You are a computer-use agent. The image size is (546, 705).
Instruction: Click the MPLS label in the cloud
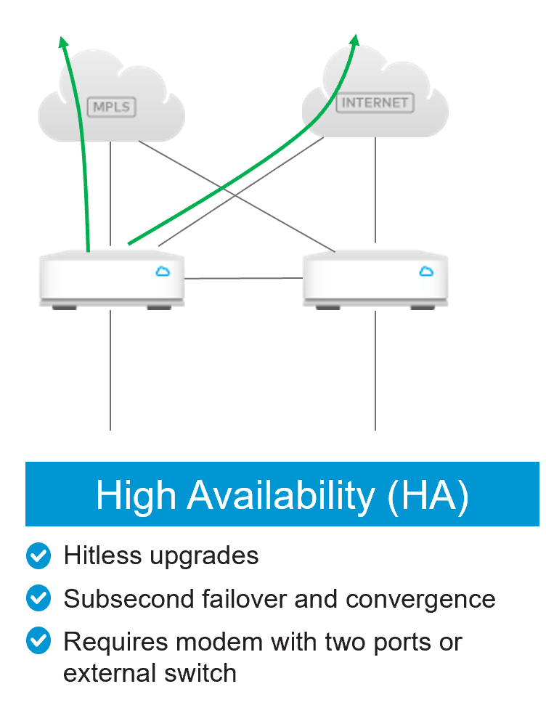pyautogui.click(x=111, y=107)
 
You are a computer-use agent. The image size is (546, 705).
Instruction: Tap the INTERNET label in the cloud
pyautogui.click(x=375, y=102)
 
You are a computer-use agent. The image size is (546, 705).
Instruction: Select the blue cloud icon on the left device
pyautogui.click(x=162, y=272)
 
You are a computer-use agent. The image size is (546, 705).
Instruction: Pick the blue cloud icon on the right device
pyautogui.click(x=425, y=272)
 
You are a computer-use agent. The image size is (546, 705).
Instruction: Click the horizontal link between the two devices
pyautogui.click(x=243, y=278)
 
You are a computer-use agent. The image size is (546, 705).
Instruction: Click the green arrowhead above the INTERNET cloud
pyautogui.click(x=355, y=41)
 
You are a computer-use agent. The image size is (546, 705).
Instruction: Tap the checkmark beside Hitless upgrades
pyautogui.click(x=38, y=556)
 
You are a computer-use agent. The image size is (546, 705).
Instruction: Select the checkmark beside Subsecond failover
pyautogui.click(x=38, y=599)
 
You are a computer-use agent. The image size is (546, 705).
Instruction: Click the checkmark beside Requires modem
pyautogui.click(x=38, y=642)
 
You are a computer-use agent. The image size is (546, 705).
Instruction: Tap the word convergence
pyautogui.click(x=420, y=599)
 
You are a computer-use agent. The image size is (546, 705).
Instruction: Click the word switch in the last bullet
pyautogui.click(x=202, y=672)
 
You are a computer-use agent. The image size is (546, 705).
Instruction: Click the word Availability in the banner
pyautogui.click(x=281, y=495)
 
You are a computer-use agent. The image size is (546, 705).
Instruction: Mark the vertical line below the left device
pyautogui.click(x=110, y=370)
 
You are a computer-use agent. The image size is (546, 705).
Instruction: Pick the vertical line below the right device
pyautogui.click(x=375, y=370)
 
